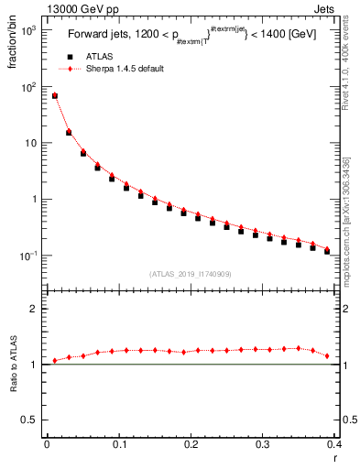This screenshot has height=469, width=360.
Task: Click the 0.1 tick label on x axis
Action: (x=118, y=444)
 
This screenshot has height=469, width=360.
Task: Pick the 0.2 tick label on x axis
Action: (x=191, y=444)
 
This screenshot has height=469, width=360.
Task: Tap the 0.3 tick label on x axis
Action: (x=263, y=444)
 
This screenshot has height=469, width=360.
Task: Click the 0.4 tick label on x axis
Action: (x=334, y=444)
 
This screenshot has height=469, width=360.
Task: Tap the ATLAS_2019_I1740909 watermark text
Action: (x=190, y=274)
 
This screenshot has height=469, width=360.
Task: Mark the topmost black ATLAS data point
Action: (x=54, y=96)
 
